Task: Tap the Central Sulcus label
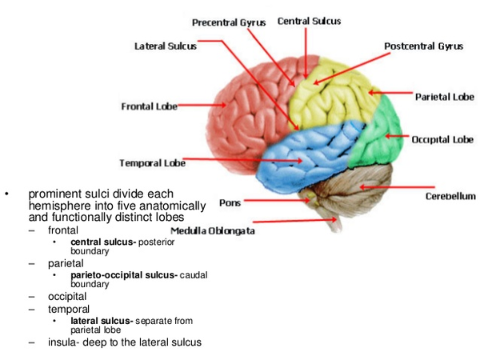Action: (309, 21)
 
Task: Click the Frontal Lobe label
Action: (148, 106)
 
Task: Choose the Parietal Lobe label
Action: (444, 97)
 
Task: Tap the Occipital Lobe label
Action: (442, 139)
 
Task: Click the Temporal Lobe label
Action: (152, 163)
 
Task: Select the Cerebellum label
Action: (450, 196)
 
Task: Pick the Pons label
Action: (230, 203)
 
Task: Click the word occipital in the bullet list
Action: (67, 296)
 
